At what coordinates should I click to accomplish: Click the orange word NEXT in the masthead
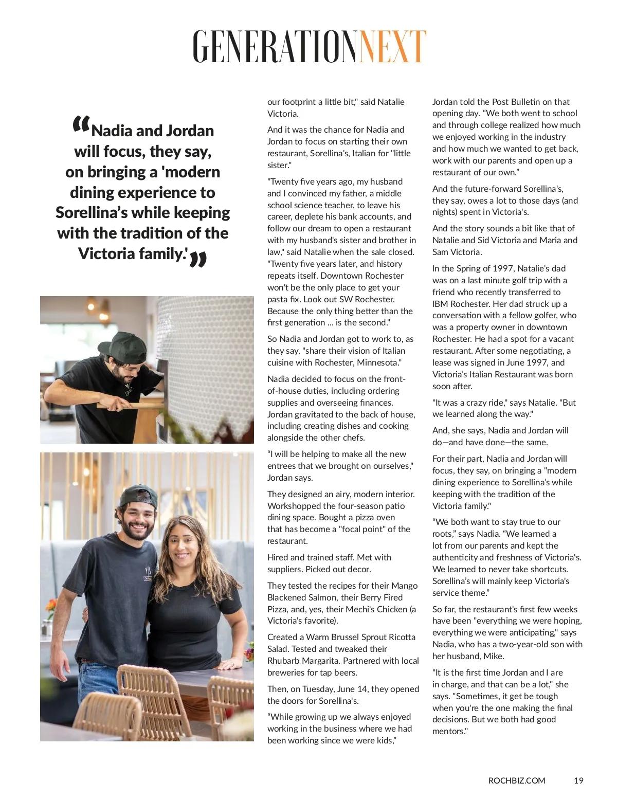[x=393, y=46]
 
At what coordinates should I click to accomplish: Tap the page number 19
[x=578, y=780]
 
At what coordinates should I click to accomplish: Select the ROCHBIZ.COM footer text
[x=517, y=780]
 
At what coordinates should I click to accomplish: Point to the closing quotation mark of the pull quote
[x=198, y=260]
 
